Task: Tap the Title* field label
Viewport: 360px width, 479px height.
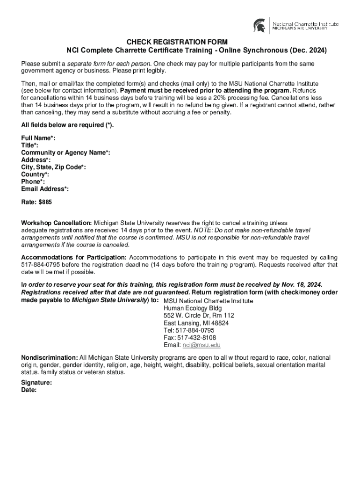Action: click(x=30, y=145)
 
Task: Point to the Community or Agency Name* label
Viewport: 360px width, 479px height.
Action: click(x=65, y=153)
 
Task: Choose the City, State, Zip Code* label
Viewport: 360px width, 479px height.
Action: click(x=53, y=167)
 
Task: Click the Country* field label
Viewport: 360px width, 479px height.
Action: click(x=35, y=174)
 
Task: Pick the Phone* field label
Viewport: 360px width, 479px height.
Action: click(x=33, y=181)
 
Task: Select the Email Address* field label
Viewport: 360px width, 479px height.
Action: click(x=45, y=189)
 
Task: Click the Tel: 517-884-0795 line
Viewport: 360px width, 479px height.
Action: click(x=189, y=330)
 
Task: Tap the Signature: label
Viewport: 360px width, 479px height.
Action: click(x=36, y=382)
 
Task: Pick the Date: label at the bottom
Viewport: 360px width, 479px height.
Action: click(x=29, y=390)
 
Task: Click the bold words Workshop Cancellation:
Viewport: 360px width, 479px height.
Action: click(x=57, y=223)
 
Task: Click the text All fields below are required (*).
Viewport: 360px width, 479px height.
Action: click(x=67, y=125)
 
